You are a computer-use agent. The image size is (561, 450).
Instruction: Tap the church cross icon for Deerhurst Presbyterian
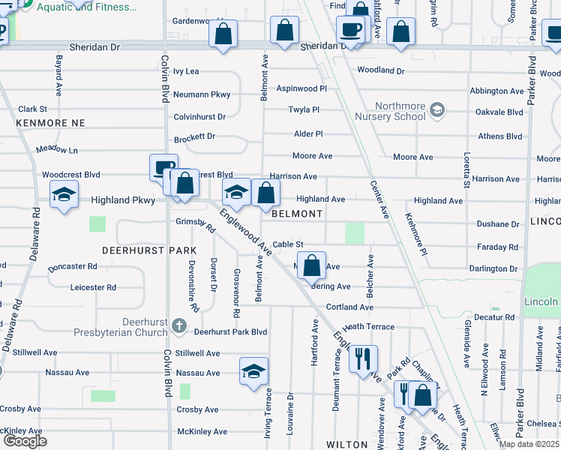(178, 325)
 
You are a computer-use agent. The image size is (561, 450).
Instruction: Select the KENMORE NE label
(50, 122)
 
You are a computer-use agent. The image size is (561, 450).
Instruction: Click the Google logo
(25, 441)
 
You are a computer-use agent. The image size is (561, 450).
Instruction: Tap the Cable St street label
(287, 244)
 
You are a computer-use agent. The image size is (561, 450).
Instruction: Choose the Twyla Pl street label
(304, 109)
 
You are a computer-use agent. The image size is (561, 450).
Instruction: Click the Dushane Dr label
(498, 224)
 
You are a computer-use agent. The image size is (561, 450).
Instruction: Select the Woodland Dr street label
(381, 70)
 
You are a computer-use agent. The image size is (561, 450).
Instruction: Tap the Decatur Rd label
(495, 317)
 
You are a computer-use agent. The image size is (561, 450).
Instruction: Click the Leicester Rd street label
(92, 287)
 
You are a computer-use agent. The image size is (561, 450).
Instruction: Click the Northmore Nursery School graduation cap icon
(438, 112)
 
